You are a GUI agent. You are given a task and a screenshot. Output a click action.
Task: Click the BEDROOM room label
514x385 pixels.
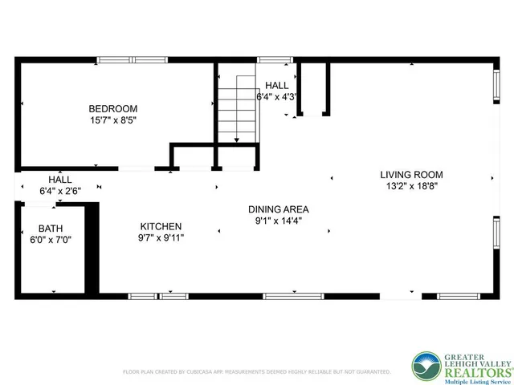tap(112, 109)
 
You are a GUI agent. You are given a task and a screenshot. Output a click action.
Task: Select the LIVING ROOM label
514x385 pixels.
tap(411, 174)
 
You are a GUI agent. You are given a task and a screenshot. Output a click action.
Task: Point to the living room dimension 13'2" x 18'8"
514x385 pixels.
tap(411, 186)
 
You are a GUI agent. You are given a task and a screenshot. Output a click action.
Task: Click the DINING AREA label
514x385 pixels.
tap(278, 209)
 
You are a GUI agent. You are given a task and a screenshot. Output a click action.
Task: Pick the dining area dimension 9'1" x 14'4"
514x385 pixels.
tap(278, 221)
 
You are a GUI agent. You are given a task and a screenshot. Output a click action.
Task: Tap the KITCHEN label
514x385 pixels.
tap(161, 226)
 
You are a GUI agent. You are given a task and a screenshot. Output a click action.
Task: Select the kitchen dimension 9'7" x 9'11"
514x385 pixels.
tap(161, 238)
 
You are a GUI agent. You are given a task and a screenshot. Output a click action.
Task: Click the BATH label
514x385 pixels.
tap(51, 229)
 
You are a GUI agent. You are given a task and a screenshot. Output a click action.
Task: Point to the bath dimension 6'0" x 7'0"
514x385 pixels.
tap(51, 240)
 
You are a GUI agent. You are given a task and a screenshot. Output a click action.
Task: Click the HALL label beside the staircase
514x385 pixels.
tap(277, 85)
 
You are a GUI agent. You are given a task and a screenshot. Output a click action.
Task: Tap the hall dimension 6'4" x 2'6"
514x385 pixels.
tap(60, 192)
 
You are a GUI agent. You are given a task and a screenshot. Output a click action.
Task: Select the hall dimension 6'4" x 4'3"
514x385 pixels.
tap(277, 97)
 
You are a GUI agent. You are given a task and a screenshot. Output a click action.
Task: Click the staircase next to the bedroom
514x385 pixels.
tap(237, 108)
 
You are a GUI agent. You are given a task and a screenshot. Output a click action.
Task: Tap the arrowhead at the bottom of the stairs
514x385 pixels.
tap(237, 140)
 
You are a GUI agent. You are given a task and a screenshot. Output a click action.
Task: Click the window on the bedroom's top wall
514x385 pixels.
tap(133, 59)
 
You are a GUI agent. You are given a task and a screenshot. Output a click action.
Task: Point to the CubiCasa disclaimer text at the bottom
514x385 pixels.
tap(256, 372)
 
